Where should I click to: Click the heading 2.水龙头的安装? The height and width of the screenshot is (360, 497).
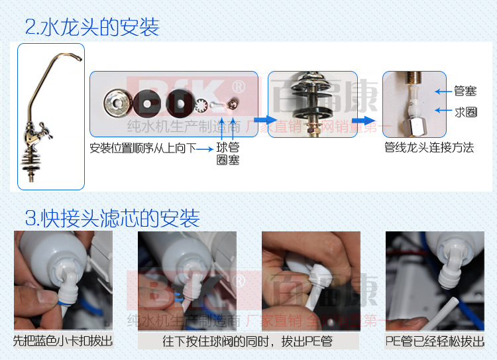coord(92,28)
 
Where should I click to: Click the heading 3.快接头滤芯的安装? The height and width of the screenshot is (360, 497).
coord(111,217)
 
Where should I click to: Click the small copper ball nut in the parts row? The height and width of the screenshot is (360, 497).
coord(232,103)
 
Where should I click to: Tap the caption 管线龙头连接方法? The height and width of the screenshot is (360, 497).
coord(429,147)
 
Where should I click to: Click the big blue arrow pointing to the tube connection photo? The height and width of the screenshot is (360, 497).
coord(362,120)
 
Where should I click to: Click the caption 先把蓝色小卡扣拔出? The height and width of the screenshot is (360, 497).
coord(63,341)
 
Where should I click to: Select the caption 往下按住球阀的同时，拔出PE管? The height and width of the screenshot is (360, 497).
coord(248,341)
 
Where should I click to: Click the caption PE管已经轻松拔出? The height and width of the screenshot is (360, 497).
coord(435,341)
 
